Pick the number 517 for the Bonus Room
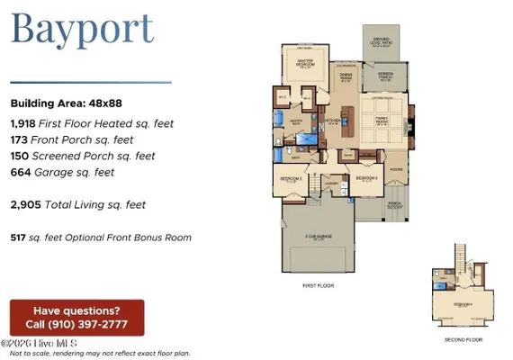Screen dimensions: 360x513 tap(20, 238)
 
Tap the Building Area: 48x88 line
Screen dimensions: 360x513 tap(64, 103)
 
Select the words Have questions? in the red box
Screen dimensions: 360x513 tap(76, 310)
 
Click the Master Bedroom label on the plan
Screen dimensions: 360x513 tap(310, 63)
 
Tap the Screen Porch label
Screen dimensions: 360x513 tap(385, 76)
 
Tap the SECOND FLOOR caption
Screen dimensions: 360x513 tap(463, 340)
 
